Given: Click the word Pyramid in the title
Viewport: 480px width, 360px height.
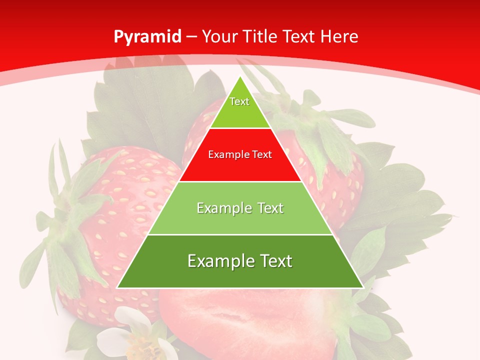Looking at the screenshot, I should [x=147, y=37].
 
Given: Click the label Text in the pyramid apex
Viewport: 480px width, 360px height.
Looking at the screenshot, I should [x=239, y=101].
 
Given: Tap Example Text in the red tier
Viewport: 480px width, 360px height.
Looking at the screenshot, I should [x=240, y=154].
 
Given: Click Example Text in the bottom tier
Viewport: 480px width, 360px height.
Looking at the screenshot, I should [x=240, y=261].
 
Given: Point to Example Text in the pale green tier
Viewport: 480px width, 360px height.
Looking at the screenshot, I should [x=240, y=208].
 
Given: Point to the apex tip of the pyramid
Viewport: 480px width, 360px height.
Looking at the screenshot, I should [x=240, y=77].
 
